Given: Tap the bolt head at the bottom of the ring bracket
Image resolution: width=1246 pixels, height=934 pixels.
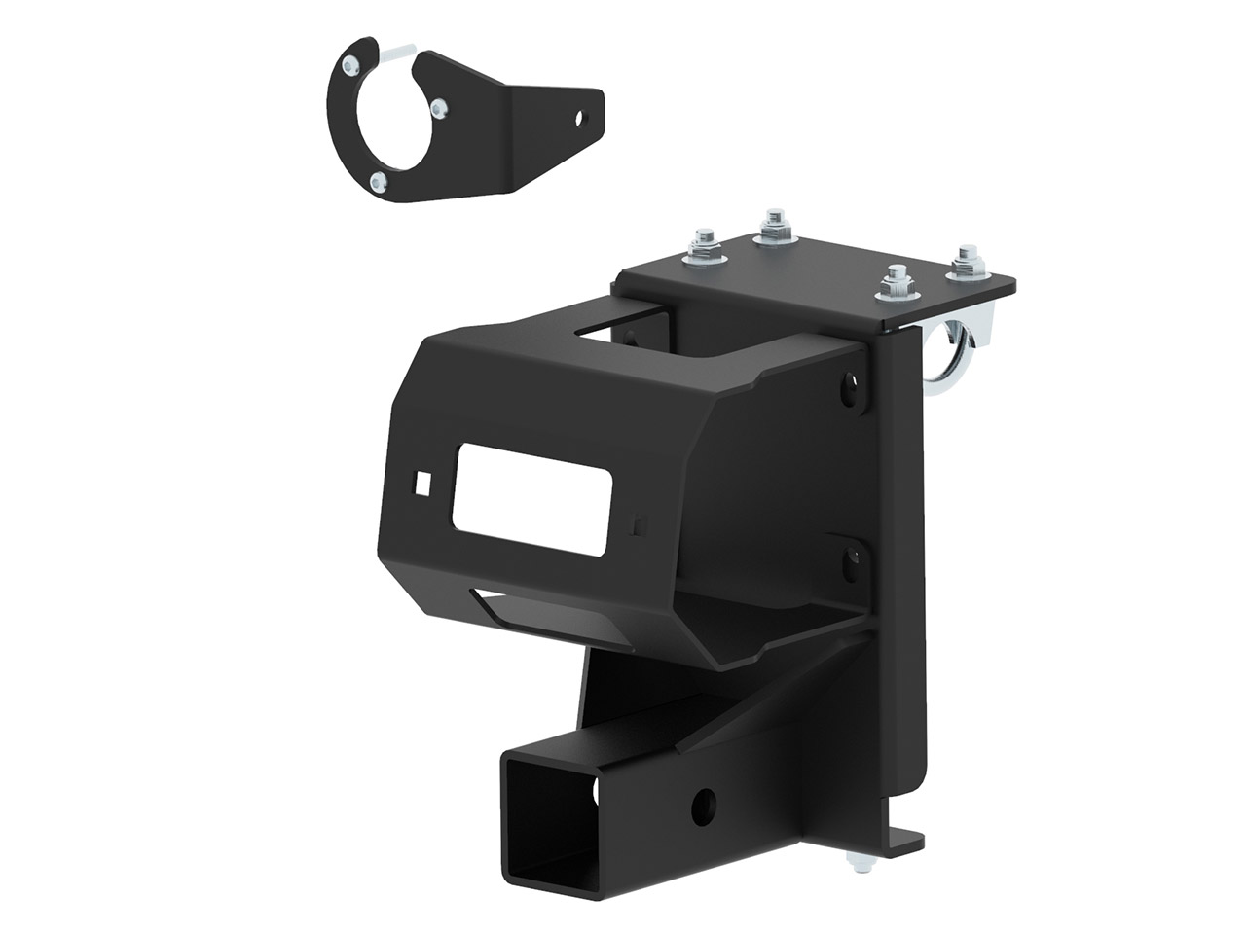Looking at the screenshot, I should (x=381, y=179).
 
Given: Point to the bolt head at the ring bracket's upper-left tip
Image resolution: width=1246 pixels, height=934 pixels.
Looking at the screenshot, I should (x=348, y=63).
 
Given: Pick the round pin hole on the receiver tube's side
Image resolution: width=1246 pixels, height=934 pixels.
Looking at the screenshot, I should (x=704, y=806).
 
